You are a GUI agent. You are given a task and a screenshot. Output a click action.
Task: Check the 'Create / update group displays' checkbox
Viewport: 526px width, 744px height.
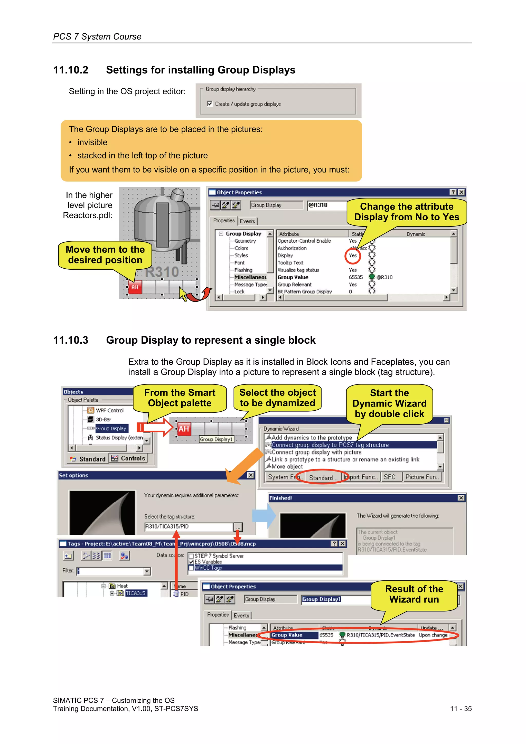(210, 104)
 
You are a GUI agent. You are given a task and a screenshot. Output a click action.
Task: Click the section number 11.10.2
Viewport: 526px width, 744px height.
(71, 70)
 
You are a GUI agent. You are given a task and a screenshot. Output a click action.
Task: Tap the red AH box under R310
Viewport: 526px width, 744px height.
(135, 287)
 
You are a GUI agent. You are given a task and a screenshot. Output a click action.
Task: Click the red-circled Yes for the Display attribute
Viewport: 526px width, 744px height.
(353, 255)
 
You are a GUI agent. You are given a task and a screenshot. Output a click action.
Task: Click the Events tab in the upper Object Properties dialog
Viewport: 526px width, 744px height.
(247, 221)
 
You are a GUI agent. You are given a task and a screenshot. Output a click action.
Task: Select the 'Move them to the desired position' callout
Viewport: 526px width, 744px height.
(105, 255)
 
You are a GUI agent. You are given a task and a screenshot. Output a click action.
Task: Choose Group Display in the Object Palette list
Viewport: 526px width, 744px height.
(111, 428)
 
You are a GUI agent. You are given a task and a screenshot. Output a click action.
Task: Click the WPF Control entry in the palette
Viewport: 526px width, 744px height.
(110, 410)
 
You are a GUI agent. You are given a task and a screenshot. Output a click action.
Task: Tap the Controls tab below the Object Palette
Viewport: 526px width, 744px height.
(129, 458)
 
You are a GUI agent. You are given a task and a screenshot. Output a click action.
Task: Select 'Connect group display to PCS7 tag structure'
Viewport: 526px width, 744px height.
(330, 445)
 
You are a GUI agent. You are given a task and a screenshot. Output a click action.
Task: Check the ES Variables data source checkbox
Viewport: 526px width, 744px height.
(191, 562)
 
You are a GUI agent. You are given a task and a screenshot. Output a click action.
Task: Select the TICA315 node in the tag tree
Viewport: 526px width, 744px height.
(135, 593)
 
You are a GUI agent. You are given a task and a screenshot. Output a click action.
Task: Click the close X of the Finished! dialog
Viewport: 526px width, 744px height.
(461, 498)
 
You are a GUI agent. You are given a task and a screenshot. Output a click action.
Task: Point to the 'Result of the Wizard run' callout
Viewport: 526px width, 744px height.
(414, 594)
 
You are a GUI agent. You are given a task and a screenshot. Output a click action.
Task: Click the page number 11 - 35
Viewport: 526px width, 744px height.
(461, 709)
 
